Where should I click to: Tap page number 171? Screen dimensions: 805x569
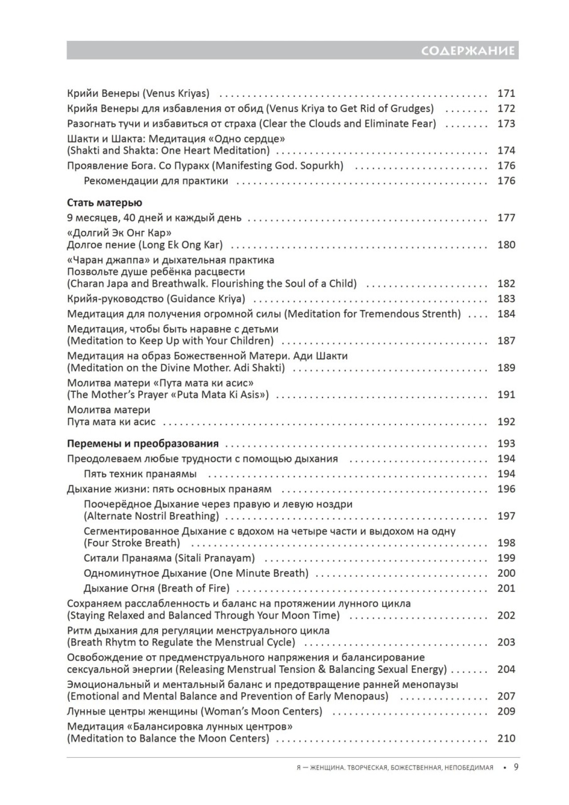pos(506,93)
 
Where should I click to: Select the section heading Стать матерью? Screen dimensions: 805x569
pos(104,203)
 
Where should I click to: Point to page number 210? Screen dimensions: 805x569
pos(506,738)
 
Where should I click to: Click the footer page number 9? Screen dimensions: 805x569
pos(516,767)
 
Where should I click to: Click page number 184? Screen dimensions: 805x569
pos(506,314)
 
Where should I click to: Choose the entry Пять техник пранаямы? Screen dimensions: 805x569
pos(140,474)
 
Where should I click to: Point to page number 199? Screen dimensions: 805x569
pos(506,558)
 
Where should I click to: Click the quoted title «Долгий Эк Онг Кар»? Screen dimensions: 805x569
pos(119,233)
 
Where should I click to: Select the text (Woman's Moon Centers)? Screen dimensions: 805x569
pos(261,711)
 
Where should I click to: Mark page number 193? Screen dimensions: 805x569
pos(506,443)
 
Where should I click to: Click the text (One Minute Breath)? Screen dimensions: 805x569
pos(259,573)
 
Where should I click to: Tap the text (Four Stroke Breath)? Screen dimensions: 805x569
pos(132,543)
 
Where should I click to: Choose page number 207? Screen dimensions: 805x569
pos(506,696)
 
